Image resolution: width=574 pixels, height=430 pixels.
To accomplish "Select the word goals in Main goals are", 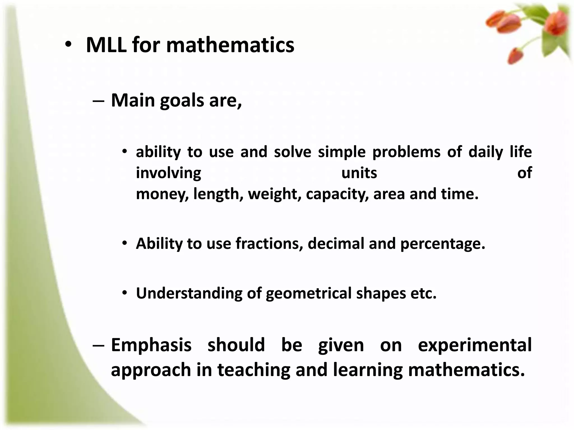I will click(x=182, y=100).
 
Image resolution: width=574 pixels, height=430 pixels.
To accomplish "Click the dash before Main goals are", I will click(x=98, y=101).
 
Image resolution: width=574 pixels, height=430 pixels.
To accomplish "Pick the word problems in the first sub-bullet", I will click(x=406, y=152).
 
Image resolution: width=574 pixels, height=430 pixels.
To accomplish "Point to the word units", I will click(x=359, y=173).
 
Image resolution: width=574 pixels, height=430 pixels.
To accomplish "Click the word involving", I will click(x=168, y=173).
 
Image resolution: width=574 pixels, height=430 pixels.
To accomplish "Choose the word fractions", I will click(x=269, y=243).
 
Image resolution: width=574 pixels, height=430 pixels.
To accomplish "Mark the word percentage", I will click(x=442, y=243).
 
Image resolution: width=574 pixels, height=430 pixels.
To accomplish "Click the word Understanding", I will click(x=189, y=293).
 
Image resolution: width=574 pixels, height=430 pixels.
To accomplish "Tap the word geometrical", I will click(x=308, y=293).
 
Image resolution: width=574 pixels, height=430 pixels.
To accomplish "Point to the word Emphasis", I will click(x=151, y=345).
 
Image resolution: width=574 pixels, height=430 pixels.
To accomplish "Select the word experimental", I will click(x=475, y=345).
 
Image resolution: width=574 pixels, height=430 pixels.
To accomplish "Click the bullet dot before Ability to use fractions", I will click(x=125, y=243).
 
